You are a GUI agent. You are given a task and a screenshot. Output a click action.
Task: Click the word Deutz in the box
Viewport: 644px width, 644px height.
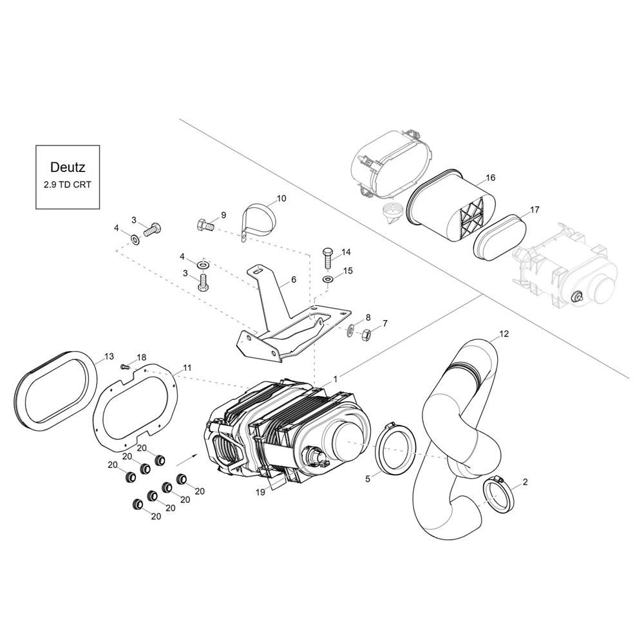[x=68, y=167]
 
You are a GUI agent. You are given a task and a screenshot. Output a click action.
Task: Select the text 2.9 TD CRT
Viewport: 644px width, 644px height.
[x=68, y=184]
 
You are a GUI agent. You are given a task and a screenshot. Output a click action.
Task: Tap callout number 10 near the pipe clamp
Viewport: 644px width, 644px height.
[x=281, y=198]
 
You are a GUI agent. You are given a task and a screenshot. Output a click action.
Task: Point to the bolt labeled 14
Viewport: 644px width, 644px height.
[x=328, y=258]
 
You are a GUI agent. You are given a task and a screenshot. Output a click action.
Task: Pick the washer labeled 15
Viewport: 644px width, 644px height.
[x=328, y=279]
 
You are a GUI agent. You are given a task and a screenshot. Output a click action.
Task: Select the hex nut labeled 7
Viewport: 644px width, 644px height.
[x=365, y=335]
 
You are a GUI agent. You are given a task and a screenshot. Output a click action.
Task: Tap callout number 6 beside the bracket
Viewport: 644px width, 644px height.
[x=294, y=279]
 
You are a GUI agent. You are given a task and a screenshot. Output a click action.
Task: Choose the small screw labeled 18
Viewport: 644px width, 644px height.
[x=124, y=366]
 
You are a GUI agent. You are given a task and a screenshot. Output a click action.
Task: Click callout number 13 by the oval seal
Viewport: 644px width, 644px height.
[x=109, y=357]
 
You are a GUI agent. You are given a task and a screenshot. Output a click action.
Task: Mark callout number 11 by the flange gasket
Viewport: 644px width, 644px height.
[x=187, y=368]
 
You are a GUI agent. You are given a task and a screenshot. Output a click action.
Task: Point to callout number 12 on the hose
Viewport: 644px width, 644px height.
[x=504, y=334]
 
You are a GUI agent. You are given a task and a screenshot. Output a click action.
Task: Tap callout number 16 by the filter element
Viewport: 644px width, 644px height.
[x=490, y=178]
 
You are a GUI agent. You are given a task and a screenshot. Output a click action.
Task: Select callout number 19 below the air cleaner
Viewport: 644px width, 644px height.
[x=260, y=492]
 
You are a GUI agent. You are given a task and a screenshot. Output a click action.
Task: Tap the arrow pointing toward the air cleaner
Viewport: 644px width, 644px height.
[x=186, y=460]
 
